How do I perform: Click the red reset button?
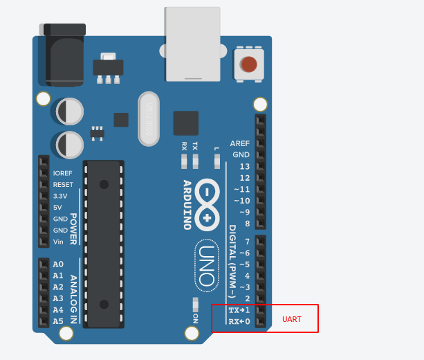(249, 64)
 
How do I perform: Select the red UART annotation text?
(292, 319)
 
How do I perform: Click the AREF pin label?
(239, 144)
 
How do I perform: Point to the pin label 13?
(244, 167)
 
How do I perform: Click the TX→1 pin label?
(239, 310)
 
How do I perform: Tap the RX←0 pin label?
(239, 321)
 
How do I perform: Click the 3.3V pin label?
(61, 196)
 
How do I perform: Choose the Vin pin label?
(59, 242)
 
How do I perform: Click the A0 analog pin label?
(58, 264)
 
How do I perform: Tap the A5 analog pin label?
(58, 321)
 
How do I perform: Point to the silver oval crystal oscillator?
(149, 119)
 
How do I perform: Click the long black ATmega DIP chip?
(104, 244)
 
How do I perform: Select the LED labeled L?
(216, 161)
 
